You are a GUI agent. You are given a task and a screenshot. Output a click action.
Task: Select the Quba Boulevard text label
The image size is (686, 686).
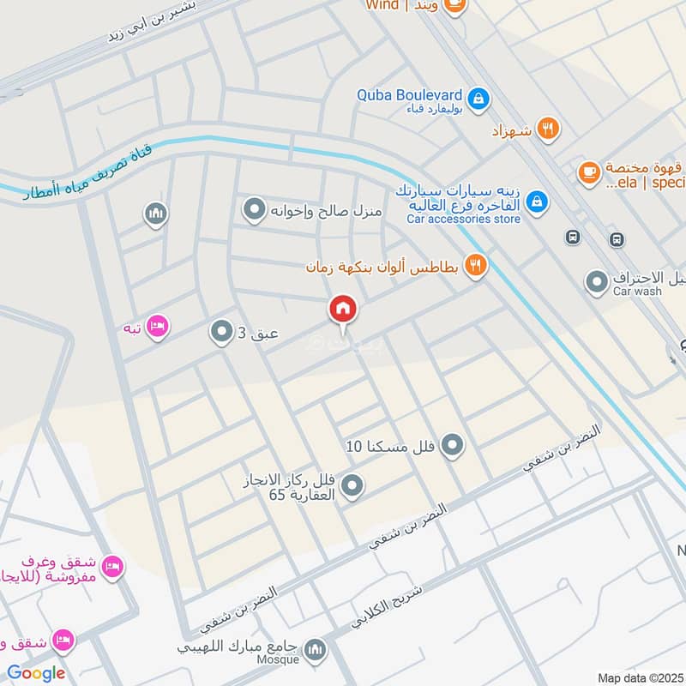pos(410,96)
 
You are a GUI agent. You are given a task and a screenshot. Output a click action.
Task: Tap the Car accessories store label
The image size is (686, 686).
pos(463,220)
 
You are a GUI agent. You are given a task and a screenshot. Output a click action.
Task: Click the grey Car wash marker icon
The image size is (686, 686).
pos(597,280)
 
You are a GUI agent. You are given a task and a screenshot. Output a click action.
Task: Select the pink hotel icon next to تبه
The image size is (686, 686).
pos(158,327)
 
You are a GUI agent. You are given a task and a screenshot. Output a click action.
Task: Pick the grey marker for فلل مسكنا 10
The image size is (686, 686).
pos(453,445)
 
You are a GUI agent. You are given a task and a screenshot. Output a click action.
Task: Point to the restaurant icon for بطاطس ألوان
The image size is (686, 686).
pos(475,265)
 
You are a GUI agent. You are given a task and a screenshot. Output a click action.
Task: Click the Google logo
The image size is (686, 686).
pos(36,672)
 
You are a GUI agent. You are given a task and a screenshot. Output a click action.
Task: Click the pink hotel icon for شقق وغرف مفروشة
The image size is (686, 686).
pos(112,566)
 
